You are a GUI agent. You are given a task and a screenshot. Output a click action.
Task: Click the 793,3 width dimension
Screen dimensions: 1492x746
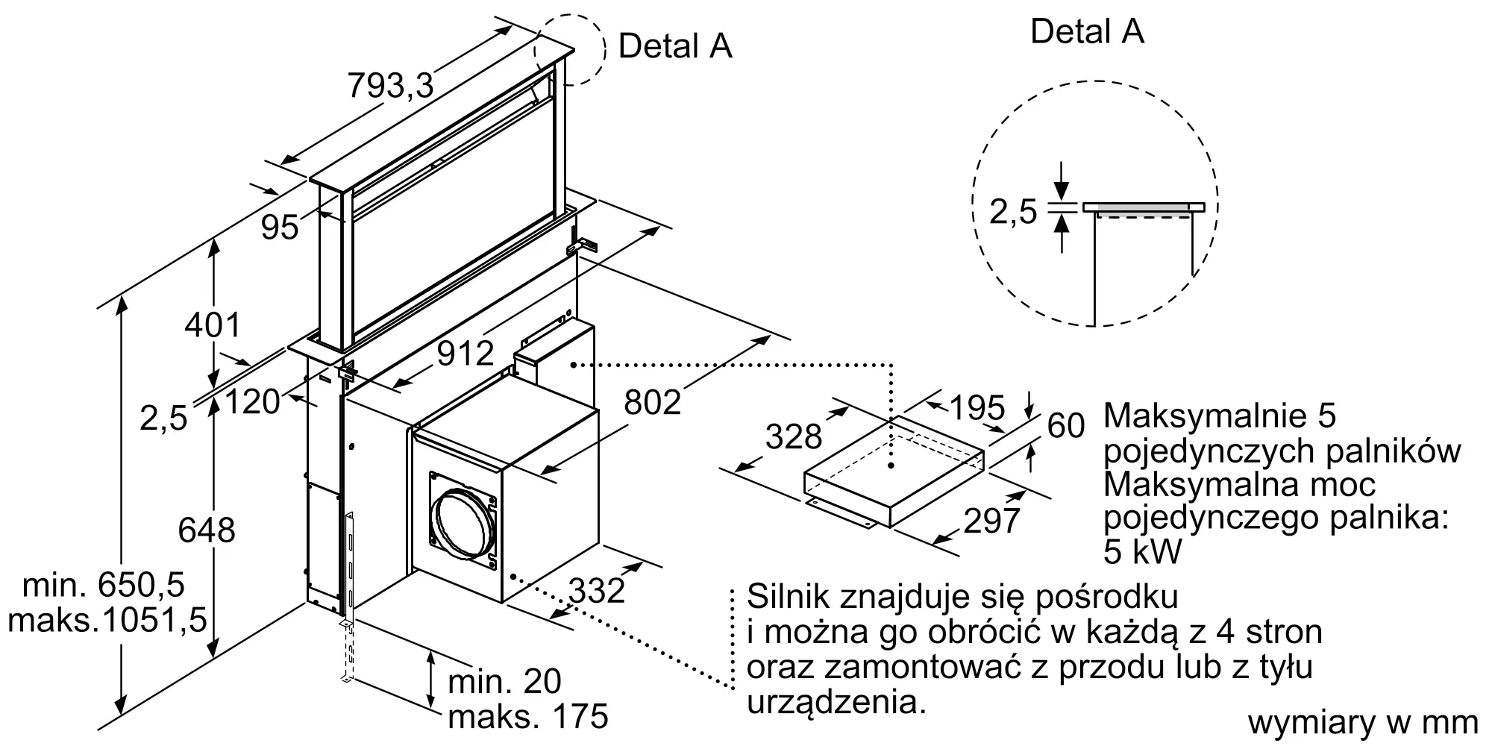[390, 87]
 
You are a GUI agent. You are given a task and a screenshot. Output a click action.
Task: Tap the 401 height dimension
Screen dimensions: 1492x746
[213, 325]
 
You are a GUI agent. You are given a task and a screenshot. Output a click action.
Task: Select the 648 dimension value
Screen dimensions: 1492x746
[207, 530]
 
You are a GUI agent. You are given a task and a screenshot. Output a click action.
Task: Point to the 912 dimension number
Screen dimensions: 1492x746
[466, 354]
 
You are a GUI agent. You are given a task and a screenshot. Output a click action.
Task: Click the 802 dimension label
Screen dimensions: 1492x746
[653, 402]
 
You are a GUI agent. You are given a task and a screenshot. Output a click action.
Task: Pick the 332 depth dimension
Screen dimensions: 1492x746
[597, 591]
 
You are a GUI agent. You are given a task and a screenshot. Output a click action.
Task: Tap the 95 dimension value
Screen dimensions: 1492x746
[280, 227]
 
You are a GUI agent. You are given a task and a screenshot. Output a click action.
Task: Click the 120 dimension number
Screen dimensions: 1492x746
[252, 402]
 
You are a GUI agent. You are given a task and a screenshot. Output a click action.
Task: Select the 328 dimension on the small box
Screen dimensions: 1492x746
[794, 436]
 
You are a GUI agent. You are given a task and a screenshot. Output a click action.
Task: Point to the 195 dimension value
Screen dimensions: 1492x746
[977, 407]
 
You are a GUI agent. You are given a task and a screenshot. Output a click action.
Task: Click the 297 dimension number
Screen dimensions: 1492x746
[992, 521]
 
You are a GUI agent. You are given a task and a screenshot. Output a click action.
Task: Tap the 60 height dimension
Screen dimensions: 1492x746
[1066, 425]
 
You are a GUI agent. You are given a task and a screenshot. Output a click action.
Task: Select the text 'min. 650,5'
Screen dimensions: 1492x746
[104, 586]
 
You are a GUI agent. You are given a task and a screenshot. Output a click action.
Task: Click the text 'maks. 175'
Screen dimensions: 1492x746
[528, 716]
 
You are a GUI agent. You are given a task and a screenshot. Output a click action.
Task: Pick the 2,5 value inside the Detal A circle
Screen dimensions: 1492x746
[1013, 212]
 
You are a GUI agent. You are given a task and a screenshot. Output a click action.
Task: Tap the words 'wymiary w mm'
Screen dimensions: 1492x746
[1363, 722]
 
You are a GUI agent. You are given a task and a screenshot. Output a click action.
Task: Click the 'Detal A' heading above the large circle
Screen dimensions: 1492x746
[1087, 31]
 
